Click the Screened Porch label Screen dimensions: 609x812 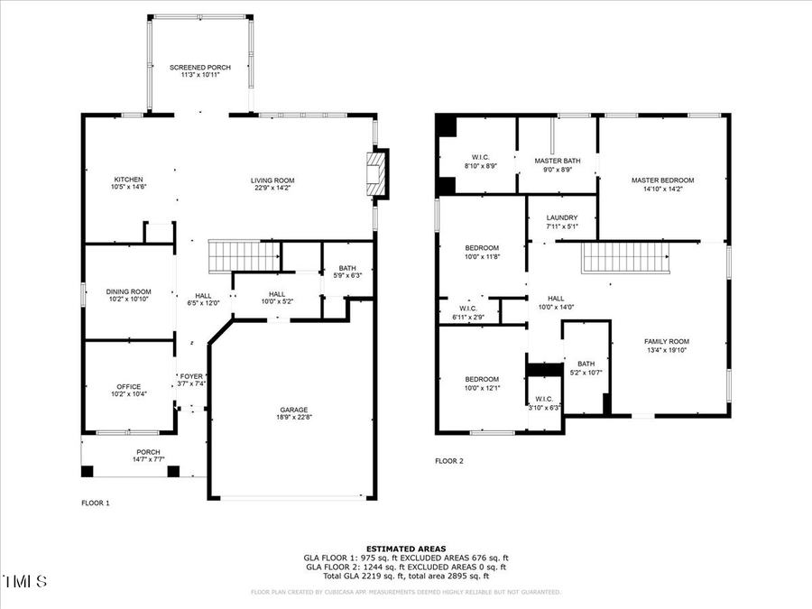(200, 68)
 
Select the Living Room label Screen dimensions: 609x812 (272, 180)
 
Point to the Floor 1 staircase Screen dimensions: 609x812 (245, 255)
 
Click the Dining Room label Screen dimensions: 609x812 (128, 291)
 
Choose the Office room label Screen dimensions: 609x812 (128, 387)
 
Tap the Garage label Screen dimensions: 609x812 (293, 409)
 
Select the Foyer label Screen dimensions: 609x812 (191, 376)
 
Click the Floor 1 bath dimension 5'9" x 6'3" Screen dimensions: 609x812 (348, 276)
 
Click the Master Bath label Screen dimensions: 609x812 (558, 161)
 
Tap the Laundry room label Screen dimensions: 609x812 (561, 217)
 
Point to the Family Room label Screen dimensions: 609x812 (666, 341)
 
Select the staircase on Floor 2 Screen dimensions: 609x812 (624, 258)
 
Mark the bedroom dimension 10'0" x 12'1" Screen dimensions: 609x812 (482, 388)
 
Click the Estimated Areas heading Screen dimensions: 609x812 (405, 549)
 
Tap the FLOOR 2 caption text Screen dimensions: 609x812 (448, 461)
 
